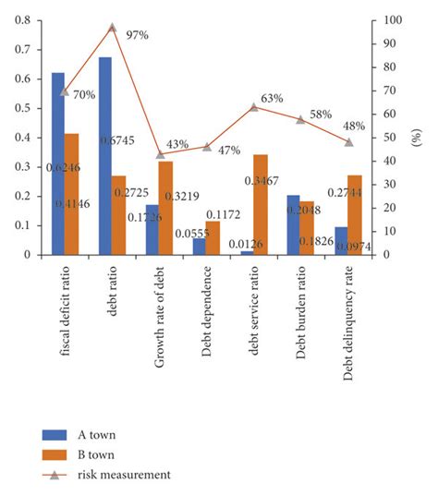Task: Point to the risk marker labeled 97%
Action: coord(113,28)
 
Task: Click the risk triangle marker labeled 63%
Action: coord(254,107)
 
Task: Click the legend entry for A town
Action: coord(79,434)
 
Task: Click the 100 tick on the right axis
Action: coord(395,19)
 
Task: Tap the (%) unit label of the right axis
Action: coord(417,139)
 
